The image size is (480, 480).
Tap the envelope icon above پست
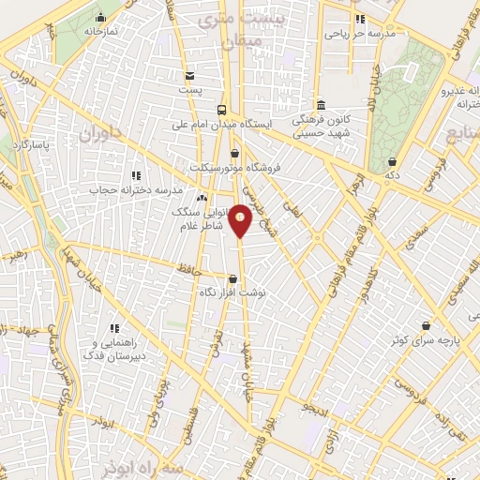(190, 76)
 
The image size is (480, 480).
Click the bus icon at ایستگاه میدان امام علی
(223, 109)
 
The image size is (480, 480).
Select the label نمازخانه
(97, 31)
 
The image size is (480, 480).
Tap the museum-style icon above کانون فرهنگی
(321, 104)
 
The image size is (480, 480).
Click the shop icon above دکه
(390, 161)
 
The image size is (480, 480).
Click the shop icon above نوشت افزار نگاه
(232, 277)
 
